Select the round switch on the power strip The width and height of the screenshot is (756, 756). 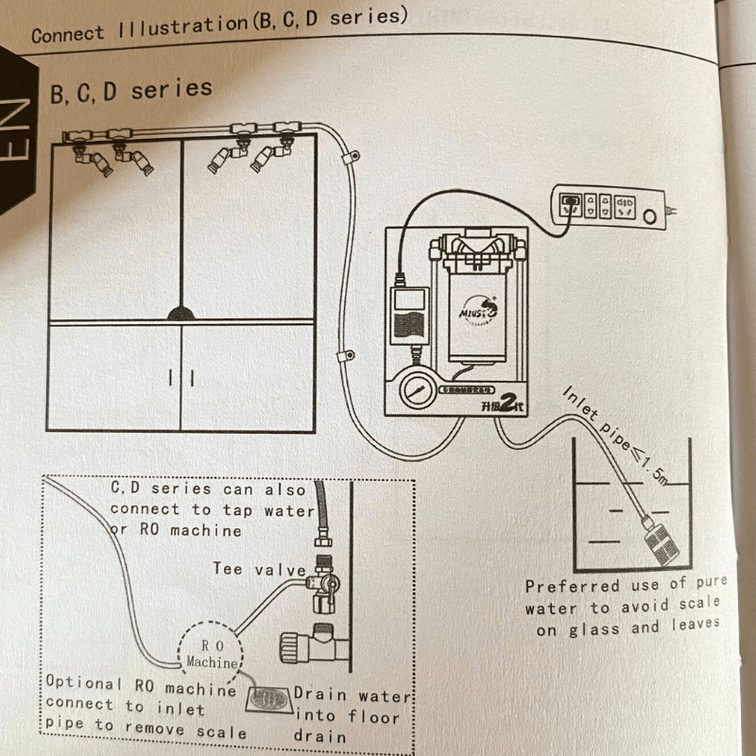point(650,217)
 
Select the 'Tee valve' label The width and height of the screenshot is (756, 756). point(259,569)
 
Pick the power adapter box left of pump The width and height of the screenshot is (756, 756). point(408,317)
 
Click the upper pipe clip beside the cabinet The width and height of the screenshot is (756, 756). point(349,158)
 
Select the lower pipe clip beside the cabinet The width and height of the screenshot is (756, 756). point(346,357)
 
